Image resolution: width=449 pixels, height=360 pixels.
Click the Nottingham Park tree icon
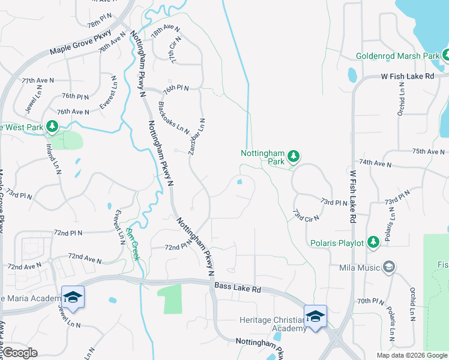(x=293, y=157)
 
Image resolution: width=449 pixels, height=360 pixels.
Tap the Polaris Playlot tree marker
(x=373, y=242)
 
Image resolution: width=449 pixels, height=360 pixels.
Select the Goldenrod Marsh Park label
(x=398, y=56)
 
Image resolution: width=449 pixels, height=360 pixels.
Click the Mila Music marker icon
(x=388, y=266)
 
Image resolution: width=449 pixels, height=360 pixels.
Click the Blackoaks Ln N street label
(x=173, y=118)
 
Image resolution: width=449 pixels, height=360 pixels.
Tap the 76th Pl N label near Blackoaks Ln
(x=175, y=88)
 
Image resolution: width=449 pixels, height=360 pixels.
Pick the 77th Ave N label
(x=37, y=80)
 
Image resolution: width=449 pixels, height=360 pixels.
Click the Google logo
(x=19, y=353)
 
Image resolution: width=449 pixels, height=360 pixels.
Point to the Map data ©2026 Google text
(x=411, y=355)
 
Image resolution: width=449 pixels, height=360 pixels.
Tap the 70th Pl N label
(x=370, y=301)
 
